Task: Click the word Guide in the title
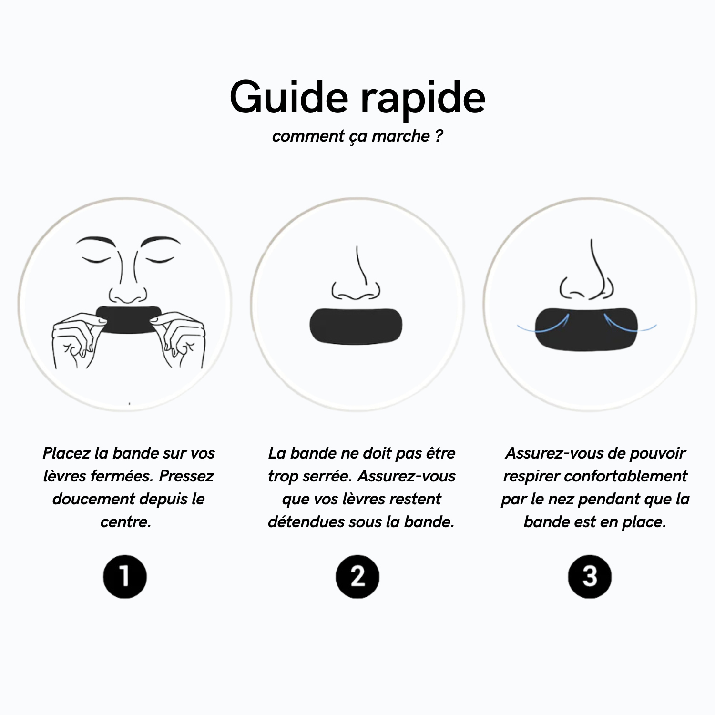289,97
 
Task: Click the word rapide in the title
423,99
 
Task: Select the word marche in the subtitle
401,136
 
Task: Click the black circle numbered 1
125,576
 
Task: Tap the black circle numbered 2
357,576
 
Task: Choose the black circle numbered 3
590,576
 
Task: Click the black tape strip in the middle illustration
356,326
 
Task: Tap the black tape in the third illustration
586,329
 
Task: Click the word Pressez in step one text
186,476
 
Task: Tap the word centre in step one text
126,522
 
